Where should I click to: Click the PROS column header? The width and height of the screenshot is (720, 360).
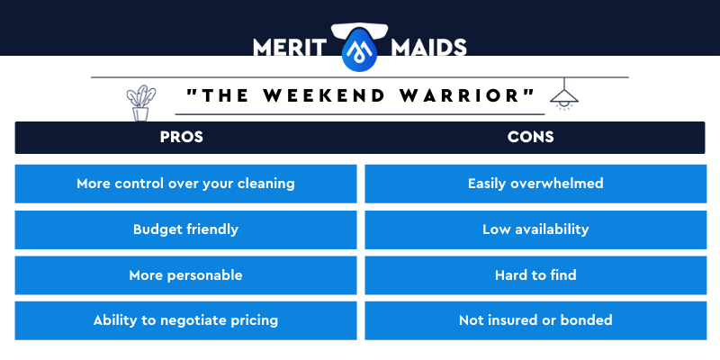pos(182,137)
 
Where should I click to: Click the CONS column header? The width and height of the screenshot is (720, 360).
pos(530,137)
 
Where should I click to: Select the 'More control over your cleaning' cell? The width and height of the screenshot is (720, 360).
pos(185,184)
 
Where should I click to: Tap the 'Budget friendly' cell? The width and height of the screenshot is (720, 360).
pos(185,229)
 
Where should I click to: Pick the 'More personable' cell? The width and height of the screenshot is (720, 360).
pos(185,275)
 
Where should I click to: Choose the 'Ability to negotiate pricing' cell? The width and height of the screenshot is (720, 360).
pos(185,320)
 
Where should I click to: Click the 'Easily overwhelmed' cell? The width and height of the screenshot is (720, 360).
pos(535,184)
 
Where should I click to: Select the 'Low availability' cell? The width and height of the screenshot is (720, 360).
pos(535,229)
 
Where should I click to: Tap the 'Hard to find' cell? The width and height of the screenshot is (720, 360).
pos(535,275)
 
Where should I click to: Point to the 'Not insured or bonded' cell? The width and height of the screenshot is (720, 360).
pos(535,320)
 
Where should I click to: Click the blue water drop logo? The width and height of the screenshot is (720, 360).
pos(359,49)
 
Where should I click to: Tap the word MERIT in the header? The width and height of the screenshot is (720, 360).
pos(289,48)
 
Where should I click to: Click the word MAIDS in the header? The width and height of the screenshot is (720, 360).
pos(429,48)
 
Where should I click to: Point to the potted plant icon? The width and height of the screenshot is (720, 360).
pos(141,103)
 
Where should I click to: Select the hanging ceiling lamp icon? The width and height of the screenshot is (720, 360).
pos(564,94)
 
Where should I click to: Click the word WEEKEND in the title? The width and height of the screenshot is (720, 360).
pos(324,95)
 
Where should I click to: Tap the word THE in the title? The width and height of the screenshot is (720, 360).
pos(225,95)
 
